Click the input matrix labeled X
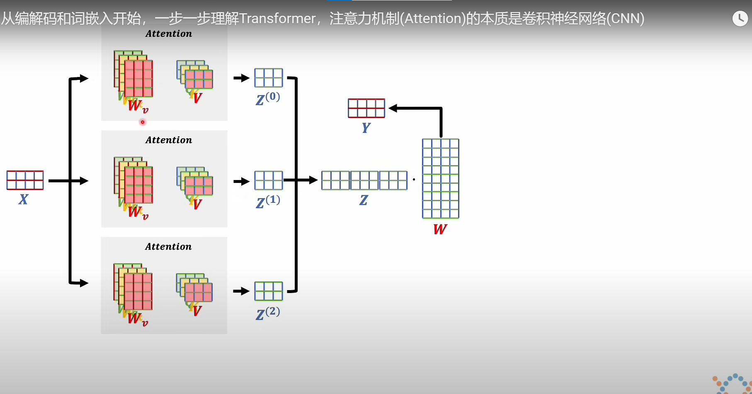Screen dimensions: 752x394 click(x=25, y=180)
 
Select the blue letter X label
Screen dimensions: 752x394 click(x=23, y=199)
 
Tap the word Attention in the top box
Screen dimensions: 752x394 click(x=169, y=34)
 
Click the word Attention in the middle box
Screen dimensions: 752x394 click(x=169, y=140)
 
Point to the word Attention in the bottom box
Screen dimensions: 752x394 click(x=168, y=247)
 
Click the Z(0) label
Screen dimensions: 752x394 click(x=268, y=99)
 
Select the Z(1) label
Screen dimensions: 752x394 click(x=268, y=202)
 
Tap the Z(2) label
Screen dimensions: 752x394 click(x=268, y=313)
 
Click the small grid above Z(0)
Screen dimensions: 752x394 click(x=269, y=78)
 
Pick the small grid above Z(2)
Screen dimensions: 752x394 click(x=269, y=291)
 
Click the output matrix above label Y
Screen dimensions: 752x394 click(x=366, y=108)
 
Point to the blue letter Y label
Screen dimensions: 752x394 click(x=366, y=128)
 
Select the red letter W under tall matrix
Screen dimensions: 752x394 click(x=440, y=229)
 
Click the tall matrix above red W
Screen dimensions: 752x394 click(x=440, y=178)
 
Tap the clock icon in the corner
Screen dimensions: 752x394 click(x=740, y=19)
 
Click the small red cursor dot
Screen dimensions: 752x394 click(x=143, y=122)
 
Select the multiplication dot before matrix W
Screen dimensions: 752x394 click(x=414, y=180)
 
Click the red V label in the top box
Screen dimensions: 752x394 click(x=197, y=98)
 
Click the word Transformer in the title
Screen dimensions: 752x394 click(x=277, y=19)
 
